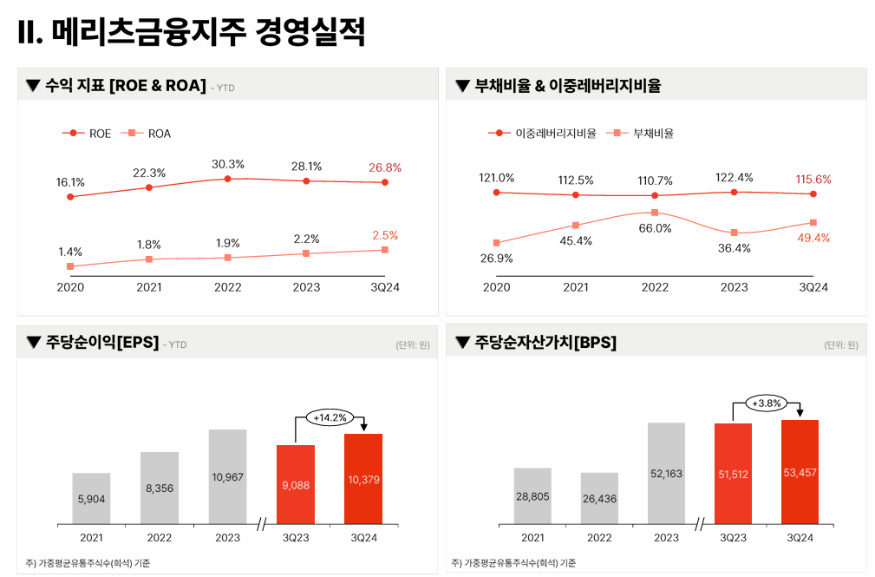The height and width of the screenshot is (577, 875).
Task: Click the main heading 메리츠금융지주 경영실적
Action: [191, 33]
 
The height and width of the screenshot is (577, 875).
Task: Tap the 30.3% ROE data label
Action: [228, 164]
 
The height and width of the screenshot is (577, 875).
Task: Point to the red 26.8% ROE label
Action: [385, 167]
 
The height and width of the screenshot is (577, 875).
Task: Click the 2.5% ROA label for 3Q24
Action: [385, 235]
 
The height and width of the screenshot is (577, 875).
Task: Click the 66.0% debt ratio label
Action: [655, 228]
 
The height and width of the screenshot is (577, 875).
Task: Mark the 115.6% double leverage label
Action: [813, 180]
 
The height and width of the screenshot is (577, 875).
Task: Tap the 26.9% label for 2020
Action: [497, 258]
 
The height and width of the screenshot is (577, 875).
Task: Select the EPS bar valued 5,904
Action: [91, 498]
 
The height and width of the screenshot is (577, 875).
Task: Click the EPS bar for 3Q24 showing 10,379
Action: [363, 479]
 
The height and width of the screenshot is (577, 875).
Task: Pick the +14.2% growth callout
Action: [330, 417]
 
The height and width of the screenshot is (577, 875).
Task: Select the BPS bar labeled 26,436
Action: [599, 498]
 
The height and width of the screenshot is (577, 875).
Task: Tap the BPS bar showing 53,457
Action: [800, 472]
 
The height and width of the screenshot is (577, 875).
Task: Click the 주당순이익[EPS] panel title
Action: [101, 343]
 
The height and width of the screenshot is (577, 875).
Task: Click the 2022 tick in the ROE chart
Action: [228, 287]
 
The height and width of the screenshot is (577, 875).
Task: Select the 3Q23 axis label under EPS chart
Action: [295, 538]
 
